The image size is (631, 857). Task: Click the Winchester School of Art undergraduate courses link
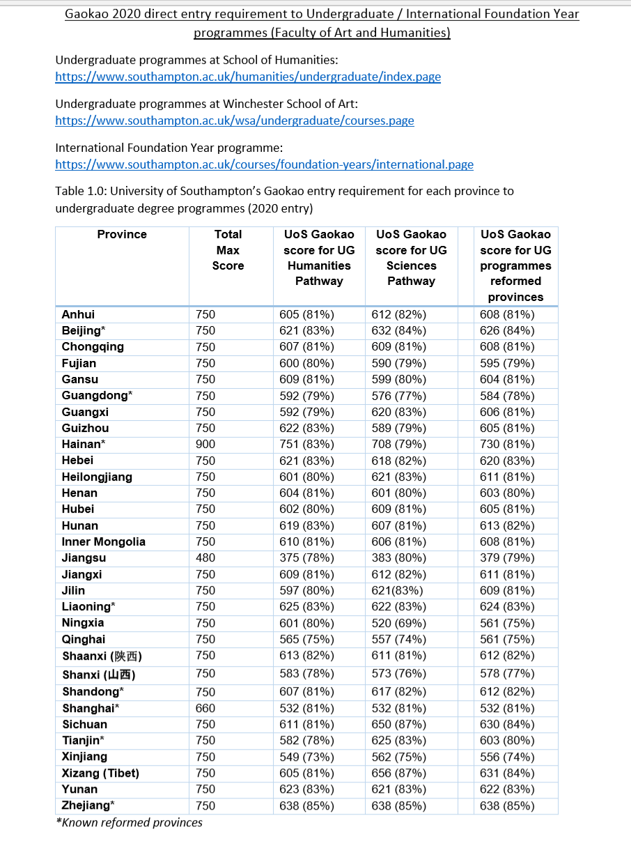(234, 121)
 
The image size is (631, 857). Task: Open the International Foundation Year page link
(264, 164)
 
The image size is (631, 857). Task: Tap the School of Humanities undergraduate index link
(247, 77)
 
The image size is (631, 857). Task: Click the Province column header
(122, 235)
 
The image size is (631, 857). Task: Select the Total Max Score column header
(228, 250)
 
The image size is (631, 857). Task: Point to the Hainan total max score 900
(205, 445)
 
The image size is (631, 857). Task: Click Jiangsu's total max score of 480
(205, 558)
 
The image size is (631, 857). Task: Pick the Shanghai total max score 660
(205, 709)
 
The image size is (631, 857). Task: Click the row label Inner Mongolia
(103, 542)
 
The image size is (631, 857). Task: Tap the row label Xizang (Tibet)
(100, 773)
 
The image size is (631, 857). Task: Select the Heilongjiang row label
(97, 477)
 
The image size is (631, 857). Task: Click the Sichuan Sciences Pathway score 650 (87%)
(400, 725)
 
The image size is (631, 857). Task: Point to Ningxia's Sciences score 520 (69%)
(400, 623)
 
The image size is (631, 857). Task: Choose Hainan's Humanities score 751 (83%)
(306, 445)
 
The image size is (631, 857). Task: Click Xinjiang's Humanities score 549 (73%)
(306, 757)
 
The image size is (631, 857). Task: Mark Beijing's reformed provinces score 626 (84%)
(507, 331)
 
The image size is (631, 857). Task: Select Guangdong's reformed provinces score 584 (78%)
(507, 396)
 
